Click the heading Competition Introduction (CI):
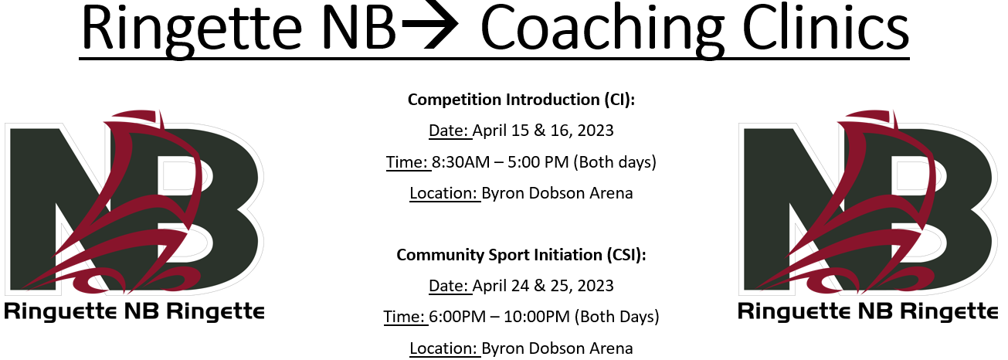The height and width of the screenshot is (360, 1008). click(521, 100)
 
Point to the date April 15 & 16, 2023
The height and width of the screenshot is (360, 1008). click(543, 131)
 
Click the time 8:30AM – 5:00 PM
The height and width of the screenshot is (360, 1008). click(501, 162)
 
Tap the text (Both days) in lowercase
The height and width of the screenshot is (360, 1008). click(615, 162)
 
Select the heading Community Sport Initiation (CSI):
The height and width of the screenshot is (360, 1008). click(521, 255)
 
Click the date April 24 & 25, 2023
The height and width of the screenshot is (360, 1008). click(543, 286)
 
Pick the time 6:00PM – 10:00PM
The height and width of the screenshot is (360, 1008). click(500, 317)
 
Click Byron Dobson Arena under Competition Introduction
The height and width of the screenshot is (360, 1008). click(557, 193)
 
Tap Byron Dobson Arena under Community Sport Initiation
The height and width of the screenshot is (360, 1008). click(557, 348)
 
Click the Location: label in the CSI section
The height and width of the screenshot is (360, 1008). click(443, 348)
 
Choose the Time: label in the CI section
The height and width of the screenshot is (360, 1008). click(407, 162)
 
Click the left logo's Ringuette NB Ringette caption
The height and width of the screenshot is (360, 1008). click(134, 312)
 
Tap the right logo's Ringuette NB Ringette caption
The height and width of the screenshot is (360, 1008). click(867, 312)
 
